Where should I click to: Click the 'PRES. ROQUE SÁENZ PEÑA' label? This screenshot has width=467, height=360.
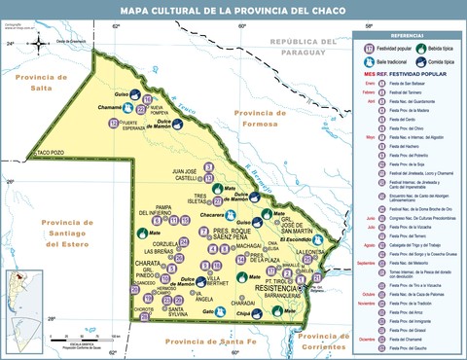(206, 234)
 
